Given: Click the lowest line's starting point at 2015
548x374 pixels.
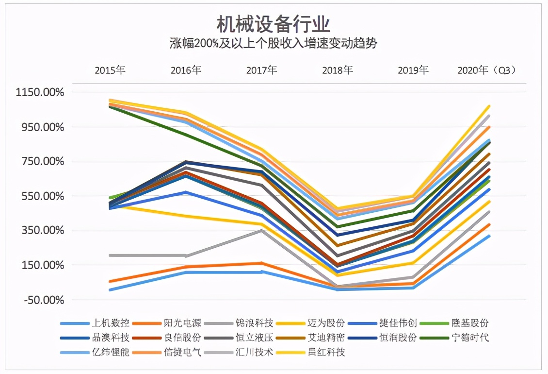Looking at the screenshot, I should coord(111,290).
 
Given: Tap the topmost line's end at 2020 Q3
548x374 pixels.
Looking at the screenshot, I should coord(489,106).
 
